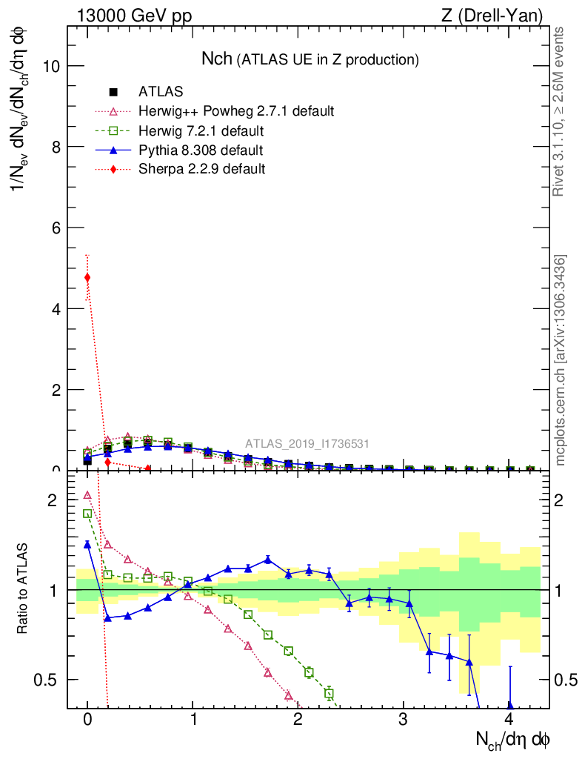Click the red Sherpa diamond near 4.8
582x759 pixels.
pyautogui.click(x=87, y=278)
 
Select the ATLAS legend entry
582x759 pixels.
pyautogui.click(x=161, y=93)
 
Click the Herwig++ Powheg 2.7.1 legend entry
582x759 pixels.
pyautogui.click(x=236, y=111)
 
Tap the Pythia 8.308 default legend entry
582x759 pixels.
pyautogui.click(x=201, y=150)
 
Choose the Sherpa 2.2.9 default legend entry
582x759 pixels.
pyautogui.click(x=201, y=169)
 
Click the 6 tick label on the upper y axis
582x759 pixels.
pyautogui.click(x=56, y=228)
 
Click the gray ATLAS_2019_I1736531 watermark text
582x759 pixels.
pyautogui.click(x=307, y=444)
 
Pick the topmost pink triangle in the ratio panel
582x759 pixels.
pyautogui.click(x=87, y=495)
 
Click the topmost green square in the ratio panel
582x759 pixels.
pyautogui.click(x=87, y=514)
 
